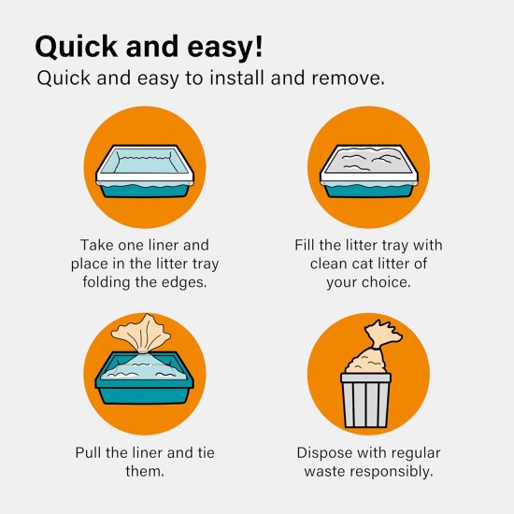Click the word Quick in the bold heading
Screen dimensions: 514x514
click(x=76, y=47)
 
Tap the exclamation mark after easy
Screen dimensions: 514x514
click(x=259, y=45)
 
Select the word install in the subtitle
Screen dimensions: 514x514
click(x=236, y=79)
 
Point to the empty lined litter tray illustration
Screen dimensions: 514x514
click(x=145, y=171)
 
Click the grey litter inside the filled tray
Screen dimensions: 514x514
click(x=369, y=160)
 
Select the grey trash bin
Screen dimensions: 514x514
click(x=365, y=401)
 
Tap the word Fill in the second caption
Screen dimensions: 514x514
click(x=305, y=245)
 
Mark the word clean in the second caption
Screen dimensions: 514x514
click(x=329, y=264)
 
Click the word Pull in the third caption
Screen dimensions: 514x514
click(x=88, y=452)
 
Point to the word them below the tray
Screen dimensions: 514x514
click(x=145, y=471)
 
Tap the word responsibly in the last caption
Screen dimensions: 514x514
click(x=393, y=472)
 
